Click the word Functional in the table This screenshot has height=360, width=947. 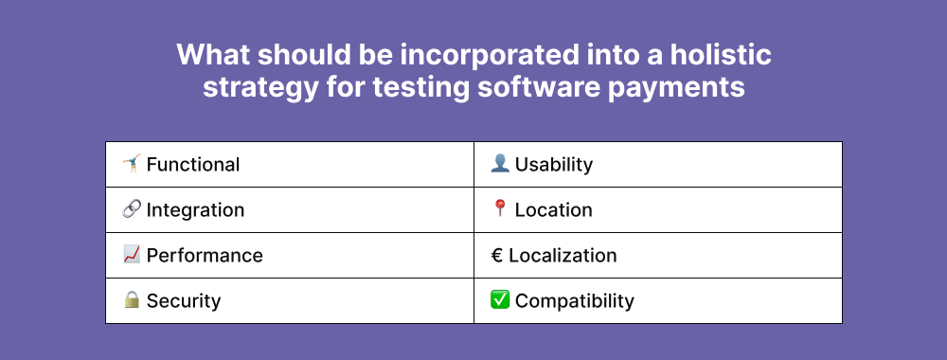(192, 164)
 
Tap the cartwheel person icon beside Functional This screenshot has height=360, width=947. (131, 163)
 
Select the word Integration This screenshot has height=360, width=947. (195, 210)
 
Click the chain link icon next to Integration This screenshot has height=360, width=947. (131, 209)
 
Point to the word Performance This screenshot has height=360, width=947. (205, 255)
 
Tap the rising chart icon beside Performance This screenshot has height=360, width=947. (131, 254)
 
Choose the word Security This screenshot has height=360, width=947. (184, 301)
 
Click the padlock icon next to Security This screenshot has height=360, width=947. (132, 299)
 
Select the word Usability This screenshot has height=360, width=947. (554, 164)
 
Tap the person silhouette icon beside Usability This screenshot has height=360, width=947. (499, 163)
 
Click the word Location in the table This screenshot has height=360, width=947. (553, 209)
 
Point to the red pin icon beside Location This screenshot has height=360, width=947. (499, 208)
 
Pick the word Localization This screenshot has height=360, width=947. (563, 255)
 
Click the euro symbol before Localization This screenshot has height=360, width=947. (496, 256)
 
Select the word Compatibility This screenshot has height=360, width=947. (575, 301)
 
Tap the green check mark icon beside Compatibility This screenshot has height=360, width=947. (499, 299)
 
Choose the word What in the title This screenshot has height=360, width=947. (213, 55)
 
